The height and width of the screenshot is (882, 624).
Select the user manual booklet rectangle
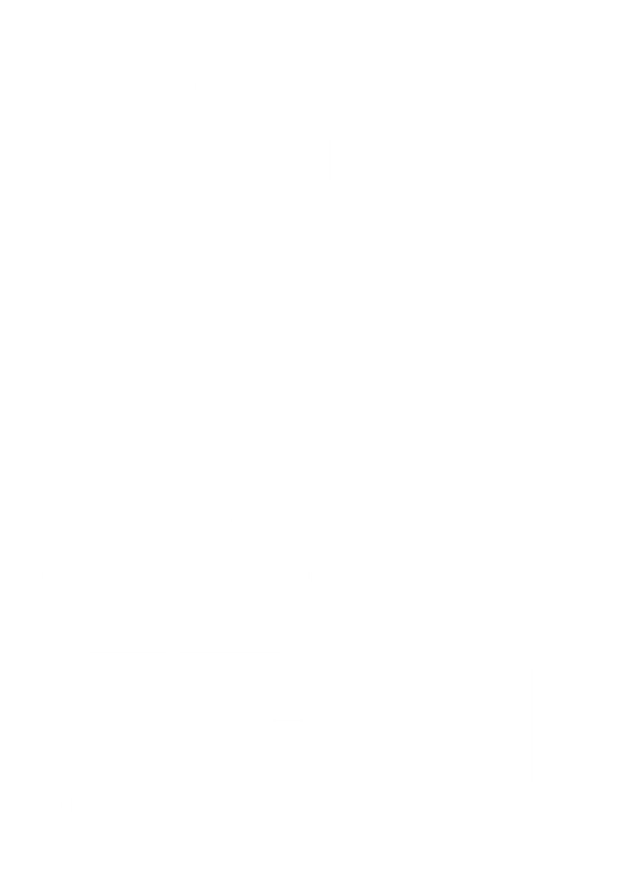(490, 726)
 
